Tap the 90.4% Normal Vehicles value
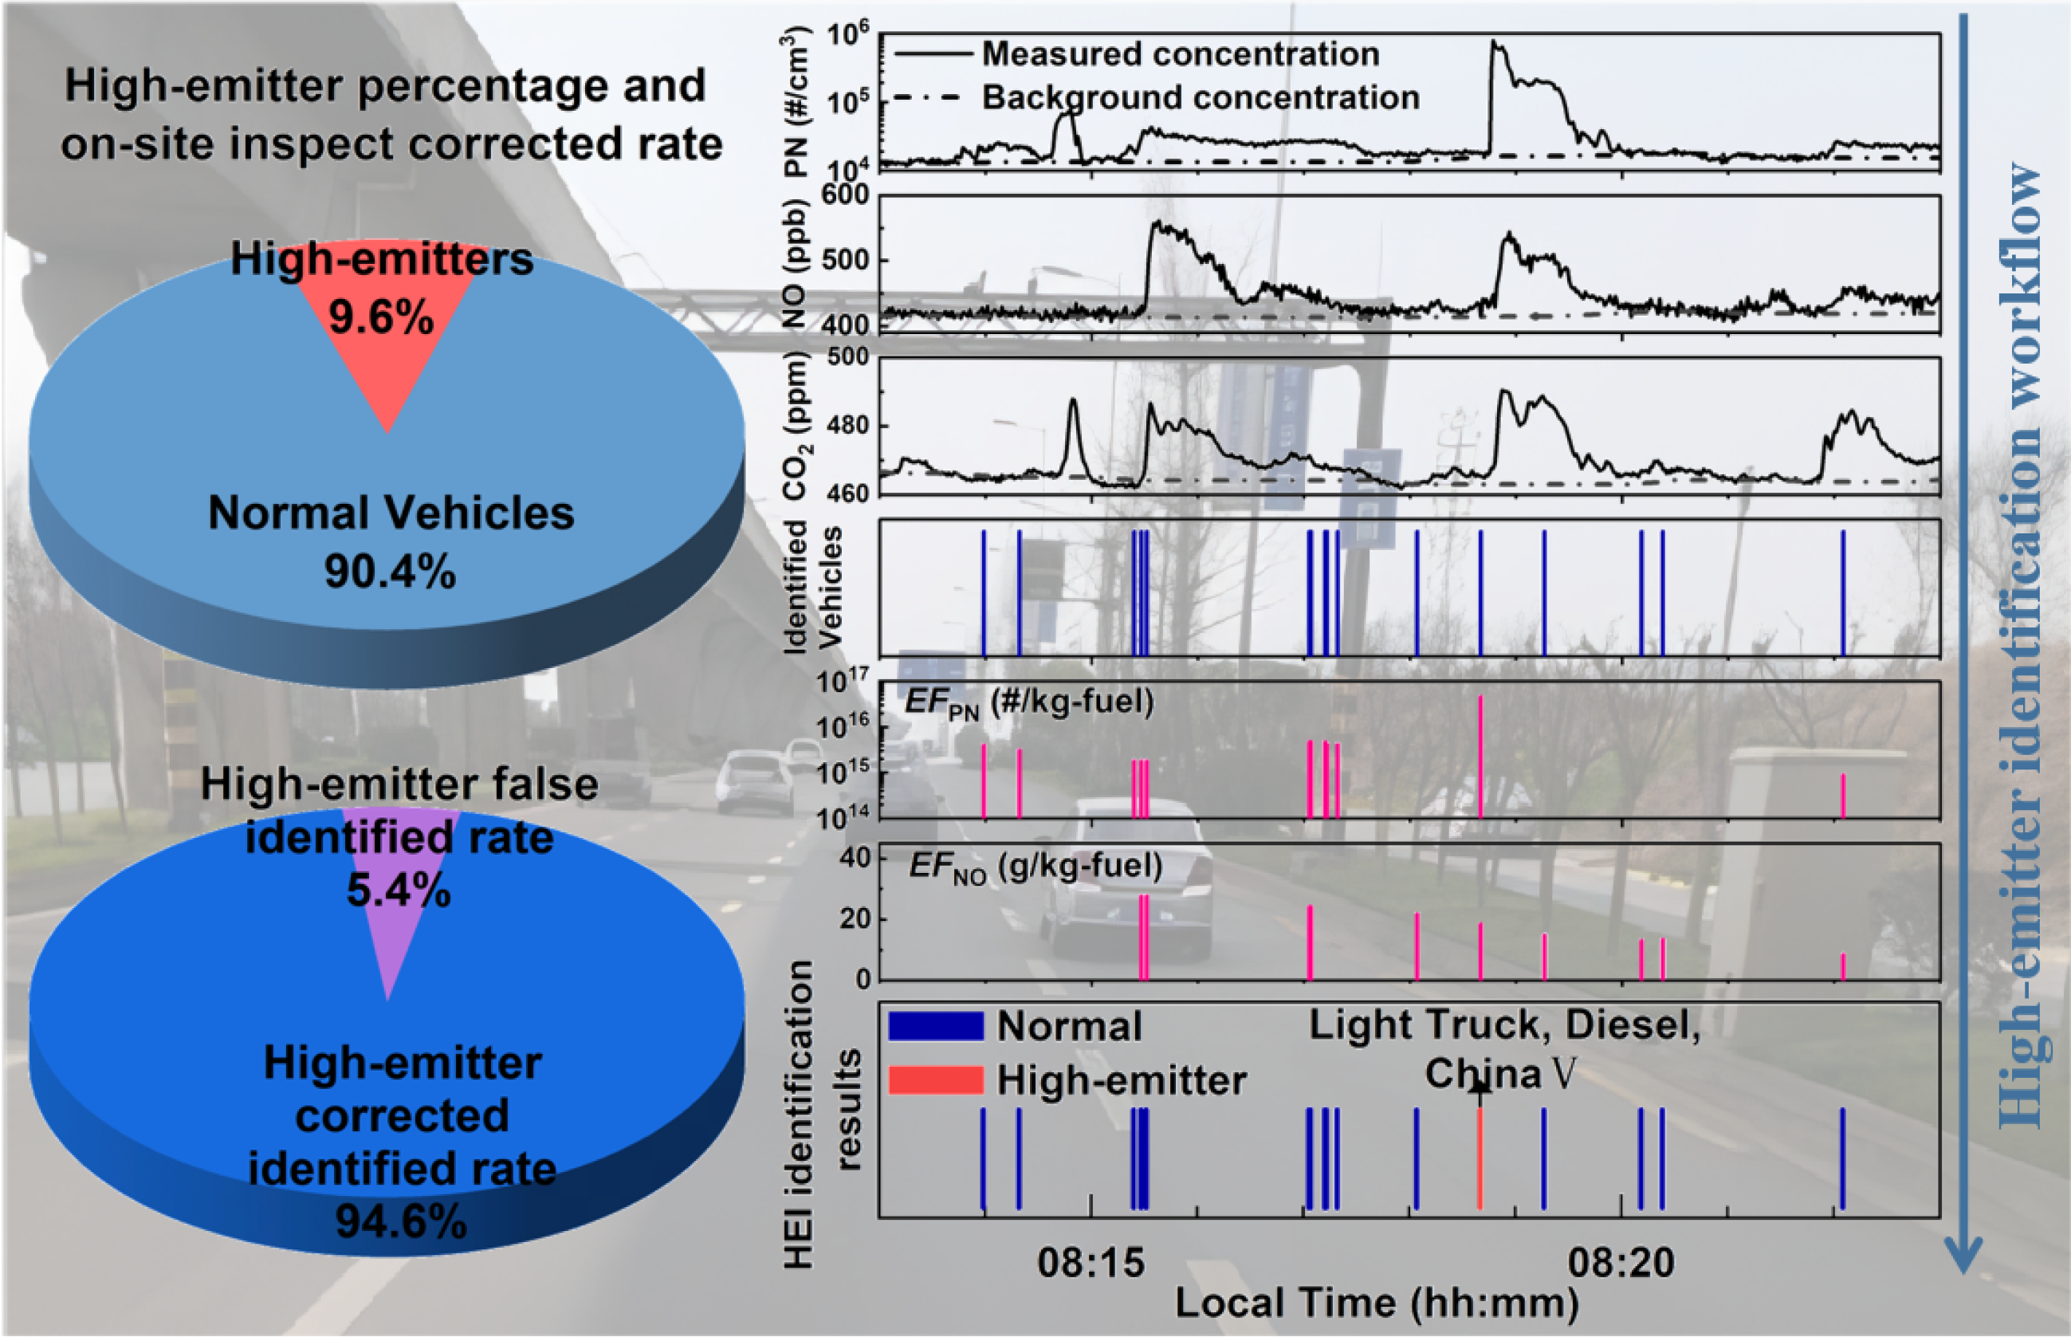tap(390, 572)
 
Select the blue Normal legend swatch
tap(936, 1026)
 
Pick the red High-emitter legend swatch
tap(936, 1080)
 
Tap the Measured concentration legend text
tap(1181, 54)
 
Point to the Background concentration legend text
tap(1201, 97)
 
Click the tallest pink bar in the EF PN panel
tap(1480, 755)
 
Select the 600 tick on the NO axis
tap(847, 195)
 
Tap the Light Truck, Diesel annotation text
tap(1504, 1025)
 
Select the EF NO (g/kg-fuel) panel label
tap(1035, 866)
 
